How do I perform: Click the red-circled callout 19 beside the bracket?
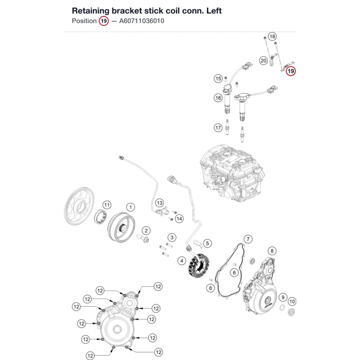(x=291, y=71)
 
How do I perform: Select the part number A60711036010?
(x=141, y=21)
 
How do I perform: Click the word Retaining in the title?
(x=91, y=11)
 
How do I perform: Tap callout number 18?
(x=272, y=36)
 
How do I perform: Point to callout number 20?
(x=264, y=60)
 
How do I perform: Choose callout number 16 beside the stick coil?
(x=218, y=98)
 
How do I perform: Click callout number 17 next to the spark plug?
(x=218, y=128)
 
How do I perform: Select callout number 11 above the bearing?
(x=107, y=205)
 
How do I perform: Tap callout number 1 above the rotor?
(x=131, y=207)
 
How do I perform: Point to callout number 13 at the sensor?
(x=159, y=203)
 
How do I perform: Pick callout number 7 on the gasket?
(x=248, y=239)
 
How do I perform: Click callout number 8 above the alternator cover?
(x=272, y=251)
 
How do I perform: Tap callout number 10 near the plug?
(x=292, y=301)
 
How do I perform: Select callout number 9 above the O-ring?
(x=283, y=297)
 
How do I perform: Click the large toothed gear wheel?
(x=79, y=206)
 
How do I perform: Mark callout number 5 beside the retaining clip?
(x=207, y=243)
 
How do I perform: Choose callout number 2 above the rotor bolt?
(x=146, y=230)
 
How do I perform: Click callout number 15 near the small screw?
(x=218, y=78)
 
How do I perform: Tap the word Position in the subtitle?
(x=84, y=21)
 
